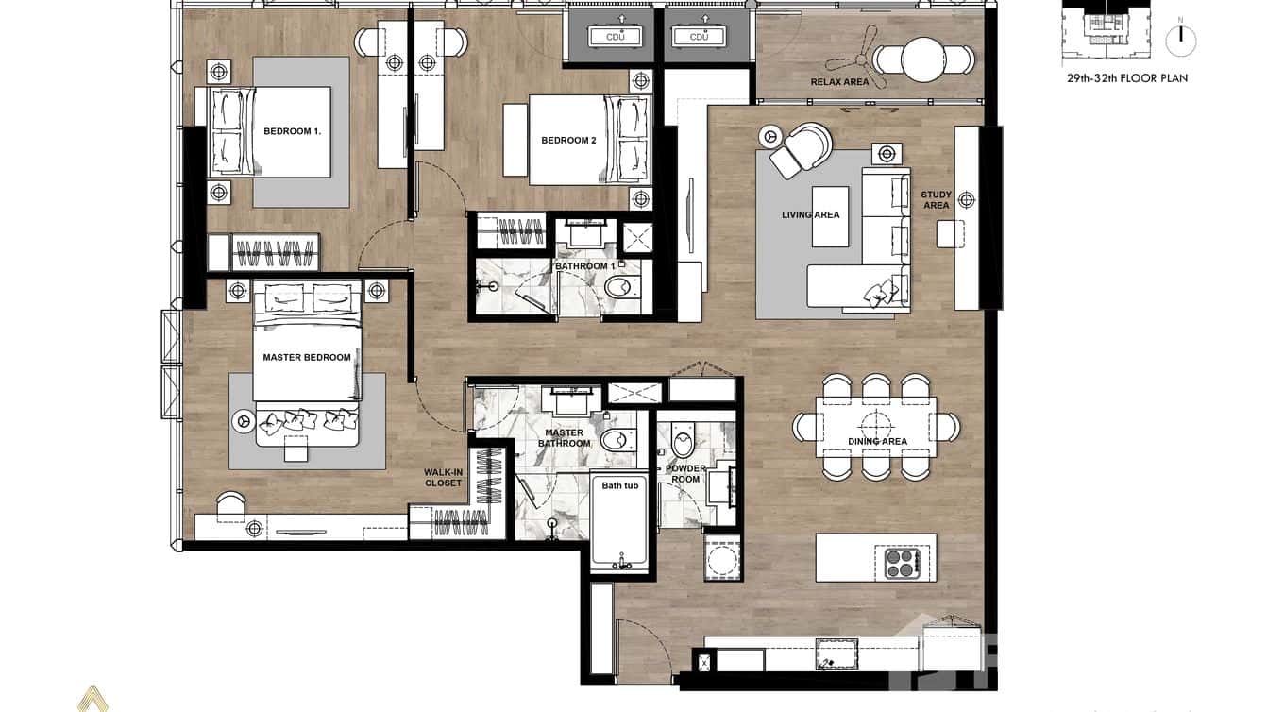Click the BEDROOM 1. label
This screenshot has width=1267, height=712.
[292, 131]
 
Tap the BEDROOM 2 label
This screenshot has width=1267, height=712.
[568, 141]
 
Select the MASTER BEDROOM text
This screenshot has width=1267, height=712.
[306, 358]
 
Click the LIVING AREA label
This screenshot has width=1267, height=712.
[810, 215]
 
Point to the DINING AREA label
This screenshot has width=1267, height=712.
[877, 441]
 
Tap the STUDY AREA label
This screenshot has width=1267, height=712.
[936, 200]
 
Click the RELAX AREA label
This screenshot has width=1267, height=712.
[839, 82]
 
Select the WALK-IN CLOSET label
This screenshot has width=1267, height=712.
[443, 478]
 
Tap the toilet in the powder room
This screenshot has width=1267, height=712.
[683, 441]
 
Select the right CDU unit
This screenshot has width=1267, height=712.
[699, 35]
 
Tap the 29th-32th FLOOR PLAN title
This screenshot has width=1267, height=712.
[1126, 78]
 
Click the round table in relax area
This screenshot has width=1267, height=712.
[922, 60]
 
